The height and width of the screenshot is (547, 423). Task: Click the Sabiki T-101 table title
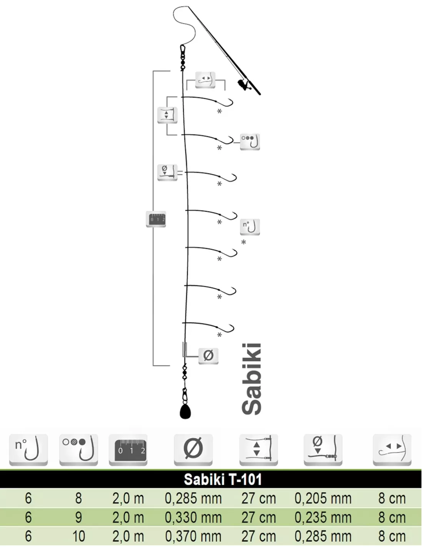click(x=223, y=480)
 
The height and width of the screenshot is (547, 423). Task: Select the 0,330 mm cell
click(x=193, y=517)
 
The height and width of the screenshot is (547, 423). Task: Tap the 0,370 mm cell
click(x=193, y=537)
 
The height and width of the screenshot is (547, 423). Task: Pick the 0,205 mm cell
click(x=323, y=499)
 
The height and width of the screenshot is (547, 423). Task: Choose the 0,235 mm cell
click(x=323, y=517)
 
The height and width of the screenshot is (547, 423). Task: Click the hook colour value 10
click(x=78, y=537)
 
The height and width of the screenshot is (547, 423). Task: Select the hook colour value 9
click(x=78, y=517)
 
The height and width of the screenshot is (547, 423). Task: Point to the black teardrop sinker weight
click(x=185, y=412)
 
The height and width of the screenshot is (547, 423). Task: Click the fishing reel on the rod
click(x=243, y=84)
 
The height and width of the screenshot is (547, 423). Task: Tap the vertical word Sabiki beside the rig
click(x=251, y=379)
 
